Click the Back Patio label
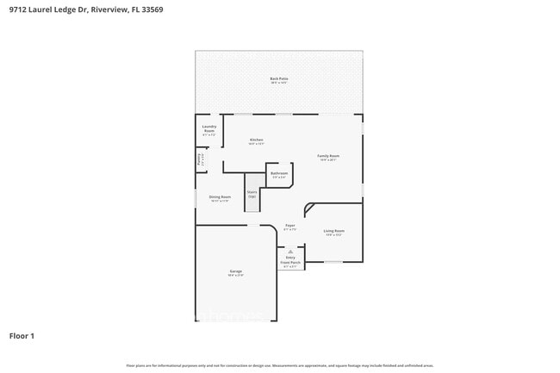click(x=278, y=78)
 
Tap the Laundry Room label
click(x=209, y=128)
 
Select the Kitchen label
click(x=256, y=140)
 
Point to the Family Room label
click(x=329, y=156)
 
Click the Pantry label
click(x=200, y=159)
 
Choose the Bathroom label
click(x=279, y=173)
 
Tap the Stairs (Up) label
click(x=252, y=194)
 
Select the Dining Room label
click(x=220, y=197)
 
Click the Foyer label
click(x=290, y=226)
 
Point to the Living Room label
click(x=333, y=231)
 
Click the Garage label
click(x=235, y=272)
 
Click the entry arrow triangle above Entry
click(x=290, y=251)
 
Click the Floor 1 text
click(x=22, y=335)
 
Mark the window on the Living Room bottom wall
click(x=333, y=262)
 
